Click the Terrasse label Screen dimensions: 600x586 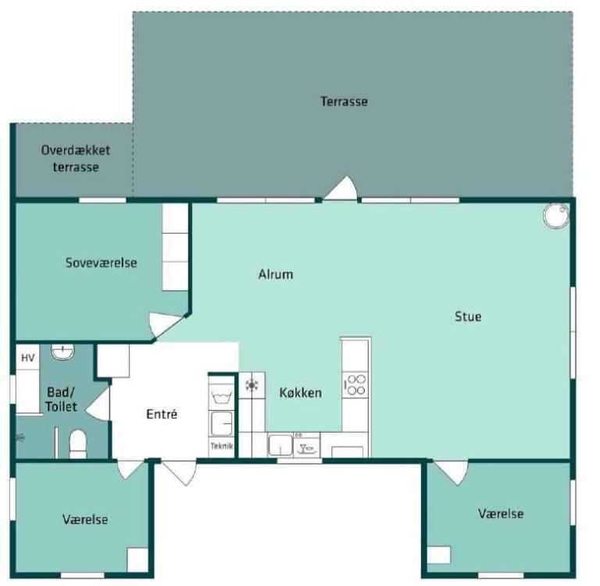click(x=344, y=102)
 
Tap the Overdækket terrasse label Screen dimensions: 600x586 click(x=75, y=159)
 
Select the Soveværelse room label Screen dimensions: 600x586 click(x=101, y=263)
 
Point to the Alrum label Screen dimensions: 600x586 click(x=276, y=274)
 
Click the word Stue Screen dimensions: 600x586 click(x=468, y=316)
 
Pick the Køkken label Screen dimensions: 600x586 click(x=300, y=393)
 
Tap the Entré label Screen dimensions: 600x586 click(x=162, y=414)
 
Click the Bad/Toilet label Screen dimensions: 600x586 click(x=61, y=399)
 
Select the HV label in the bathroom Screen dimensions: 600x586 click(x=27, y=358)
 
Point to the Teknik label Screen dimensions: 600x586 click(x=222, y=445)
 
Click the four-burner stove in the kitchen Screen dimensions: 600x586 click(x=355, y=384)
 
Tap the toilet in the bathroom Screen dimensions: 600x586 click(x=78, y=444)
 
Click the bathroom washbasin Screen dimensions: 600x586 click(x=62, y=352)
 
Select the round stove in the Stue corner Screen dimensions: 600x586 click(x=556, y=216)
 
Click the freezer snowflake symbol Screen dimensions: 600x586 click(x=252, y=385)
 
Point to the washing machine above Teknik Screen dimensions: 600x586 click(x=221, y=423)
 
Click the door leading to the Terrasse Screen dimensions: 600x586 click(x=341, y=188)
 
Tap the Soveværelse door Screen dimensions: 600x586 click(x=166, y=325)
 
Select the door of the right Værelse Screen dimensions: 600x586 click(x=450, y=473)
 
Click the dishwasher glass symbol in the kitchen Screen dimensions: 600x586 click(x=306, y=448)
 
